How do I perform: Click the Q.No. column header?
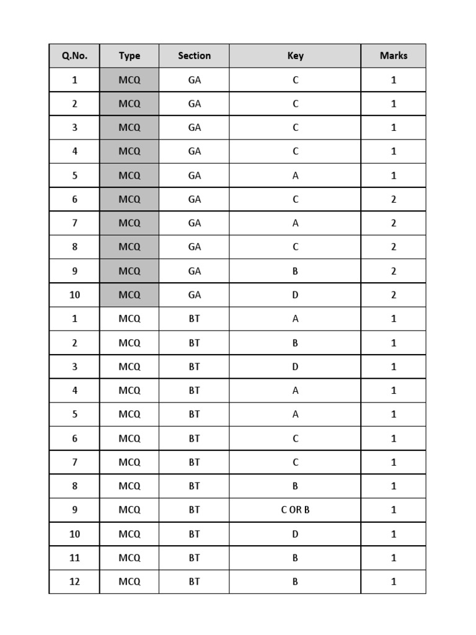pos(74,56)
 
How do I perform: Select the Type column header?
pos(129,56)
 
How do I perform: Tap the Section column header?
pos(194,56)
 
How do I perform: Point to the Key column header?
pos(295,56)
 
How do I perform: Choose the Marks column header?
pos(394,56)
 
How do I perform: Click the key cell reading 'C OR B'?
pos(295,510)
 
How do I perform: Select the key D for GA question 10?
pos(295,295)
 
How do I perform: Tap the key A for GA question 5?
pos(295,175)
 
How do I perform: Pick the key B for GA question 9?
pos(295,271)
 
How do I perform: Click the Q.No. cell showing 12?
pos(74,582)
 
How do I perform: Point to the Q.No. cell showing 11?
pos(74,557)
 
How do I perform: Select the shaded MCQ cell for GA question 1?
pos(129,80)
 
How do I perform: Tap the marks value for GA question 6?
pos(394,199)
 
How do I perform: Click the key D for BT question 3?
pos(295,366)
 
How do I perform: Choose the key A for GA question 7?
pos(295,223)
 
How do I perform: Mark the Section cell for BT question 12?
pos(194,582)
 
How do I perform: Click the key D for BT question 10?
pos(295,534)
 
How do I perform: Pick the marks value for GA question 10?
pos(394,295)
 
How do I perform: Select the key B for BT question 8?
pos(295,486)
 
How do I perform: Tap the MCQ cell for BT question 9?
pos(129,510)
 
